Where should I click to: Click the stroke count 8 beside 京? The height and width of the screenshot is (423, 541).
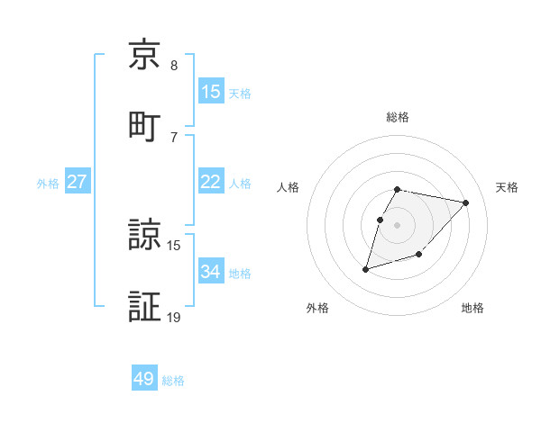174,66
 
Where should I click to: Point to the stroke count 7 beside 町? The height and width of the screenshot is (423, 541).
174,137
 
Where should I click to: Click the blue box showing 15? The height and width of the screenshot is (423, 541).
211,92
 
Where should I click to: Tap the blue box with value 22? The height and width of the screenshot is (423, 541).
211,182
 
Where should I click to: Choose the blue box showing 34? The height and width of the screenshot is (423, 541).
211,271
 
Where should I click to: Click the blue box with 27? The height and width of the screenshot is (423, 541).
78,182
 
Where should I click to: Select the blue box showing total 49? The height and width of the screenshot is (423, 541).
144,379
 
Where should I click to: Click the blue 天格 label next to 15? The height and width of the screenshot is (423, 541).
240,93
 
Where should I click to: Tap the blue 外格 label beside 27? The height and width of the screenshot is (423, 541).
48,183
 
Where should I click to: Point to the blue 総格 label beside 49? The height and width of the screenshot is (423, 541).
173,380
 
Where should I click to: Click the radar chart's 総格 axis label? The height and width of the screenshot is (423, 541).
398,118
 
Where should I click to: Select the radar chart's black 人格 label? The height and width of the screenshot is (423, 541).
289,187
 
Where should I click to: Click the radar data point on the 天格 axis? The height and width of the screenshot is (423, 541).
466,202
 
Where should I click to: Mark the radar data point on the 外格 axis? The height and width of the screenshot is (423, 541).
365,269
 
